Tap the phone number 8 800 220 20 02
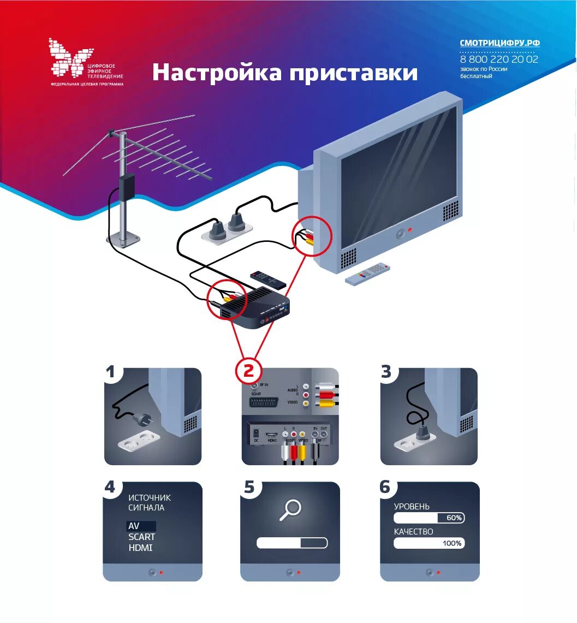(x=499, y=59)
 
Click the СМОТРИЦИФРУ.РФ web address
(x=499, y=43)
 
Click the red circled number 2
(x=248, y=371)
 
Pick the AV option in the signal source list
(x=134, y=526)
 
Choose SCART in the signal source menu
(x=141, y=537)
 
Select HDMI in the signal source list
(x=140, y=548)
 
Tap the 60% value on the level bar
(x=454, y=517)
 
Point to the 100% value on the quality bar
(x=451, y=543)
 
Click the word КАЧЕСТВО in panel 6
(x=413, y=531)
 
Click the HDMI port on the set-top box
(x=271, y=437)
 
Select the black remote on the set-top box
(x=267, y=279)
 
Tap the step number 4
(x=110, y=487)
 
